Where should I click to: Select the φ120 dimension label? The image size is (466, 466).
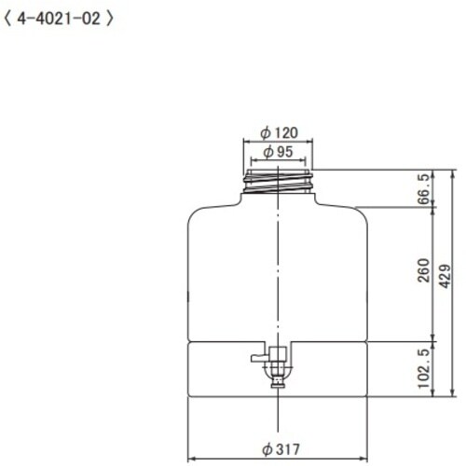coord(280,132)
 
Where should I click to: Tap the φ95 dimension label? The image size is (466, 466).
coord(279,151)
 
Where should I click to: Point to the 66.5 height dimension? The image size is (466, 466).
coord(424,189)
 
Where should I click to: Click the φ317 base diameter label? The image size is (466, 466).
coord(280,449)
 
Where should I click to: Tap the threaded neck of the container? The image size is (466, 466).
coord(279,178)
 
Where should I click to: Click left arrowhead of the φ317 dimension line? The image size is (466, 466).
coord(192,459)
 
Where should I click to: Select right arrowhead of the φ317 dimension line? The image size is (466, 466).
coord(366,459)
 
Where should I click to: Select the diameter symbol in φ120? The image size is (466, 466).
coord(267,132)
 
